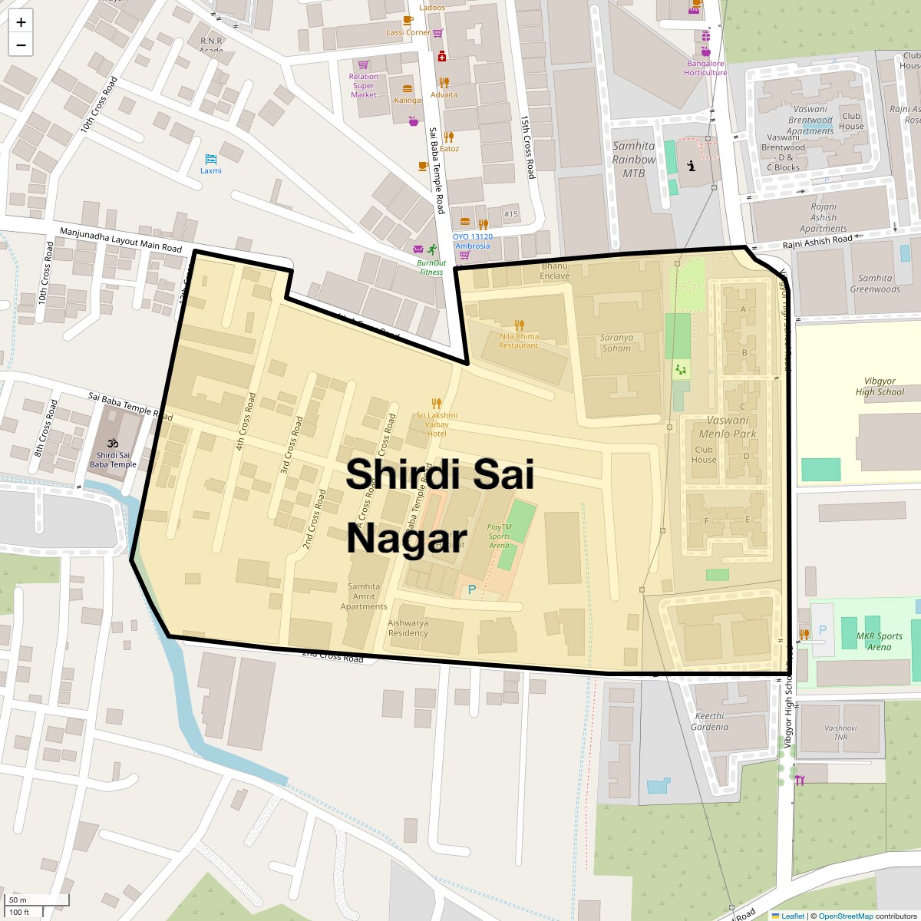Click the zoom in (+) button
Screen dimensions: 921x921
pos(21,22)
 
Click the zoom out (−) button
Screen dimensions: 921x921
pos(21,45)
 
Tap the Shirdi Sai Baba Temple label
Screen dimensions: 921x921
pos(113,460)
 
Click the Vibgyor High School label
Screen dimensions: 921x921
pos(880,387)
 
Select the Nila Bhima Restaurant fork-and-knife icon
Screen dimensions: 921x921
pos(520,325)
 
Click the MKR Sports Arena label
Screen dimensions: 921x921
pos(879,642)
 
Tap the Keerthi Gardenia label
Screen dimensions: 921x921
pos(709,721)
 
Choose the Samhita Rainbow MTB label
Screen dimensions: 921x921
pos(634,160)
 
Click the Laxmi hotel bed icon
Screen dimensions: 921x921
pos(210,159)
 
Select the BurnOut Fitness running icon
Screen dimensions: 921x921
pos(432,249)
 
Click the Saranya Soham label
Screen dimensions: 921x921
pos(616,342)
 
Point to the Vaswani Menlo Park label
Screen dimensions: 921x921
pos(728,427)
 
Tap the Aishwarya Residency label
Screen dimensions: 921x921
pos(408,628)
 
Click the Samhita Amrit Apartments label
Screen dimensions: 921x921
pos(364,596)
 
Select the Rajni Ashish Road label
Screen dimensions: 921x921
pos(817,242)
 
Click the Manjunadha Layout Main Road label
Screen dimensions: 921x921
pos(120,239)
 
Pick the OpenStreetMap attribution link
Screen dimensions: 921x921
pos(845,916)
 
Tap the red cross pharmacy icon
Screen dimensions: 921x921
pos(442,56)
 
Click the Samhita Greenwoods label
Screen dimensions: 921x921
pos(875,284)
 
